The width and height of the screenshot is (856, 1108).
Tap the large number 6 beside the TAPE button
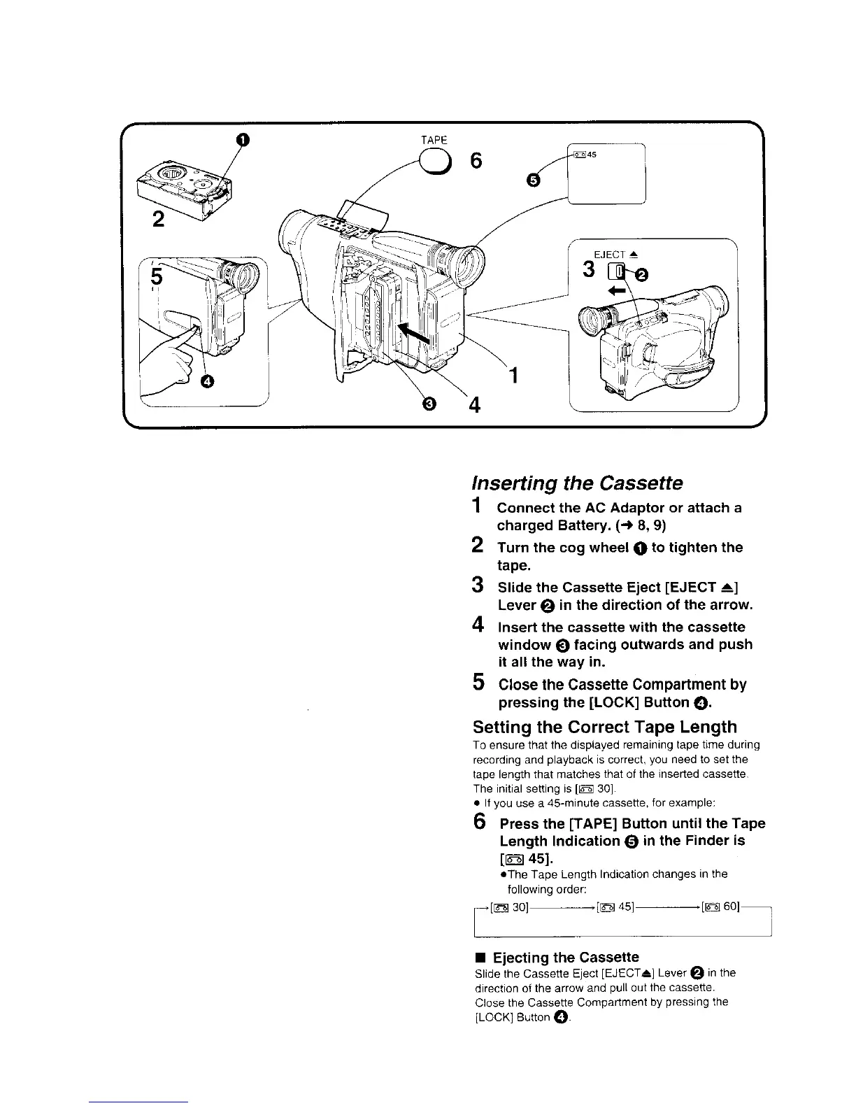pyautogui.click(x=476, y=161)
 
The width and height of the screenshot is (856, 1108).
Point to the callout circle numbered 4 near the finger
pyautogui.click(x=207, y=381)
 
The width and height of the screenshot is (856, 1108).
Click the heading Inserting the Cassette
pyautogui.click(x=577, y=483)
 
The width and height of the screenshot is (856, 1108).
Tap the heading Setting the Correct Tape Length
pyautogui.click(x=605, y=727)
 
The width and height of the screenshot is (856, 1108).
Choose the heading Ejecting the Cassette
pyautogui.click(x=566, y=957)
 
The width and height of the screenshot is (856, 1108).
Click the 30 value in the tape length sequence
pyautogui.click(x=520, y=908)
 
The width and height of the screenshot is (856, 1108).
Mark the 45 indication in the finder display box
pyautogui.click(x=591, y=155)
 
